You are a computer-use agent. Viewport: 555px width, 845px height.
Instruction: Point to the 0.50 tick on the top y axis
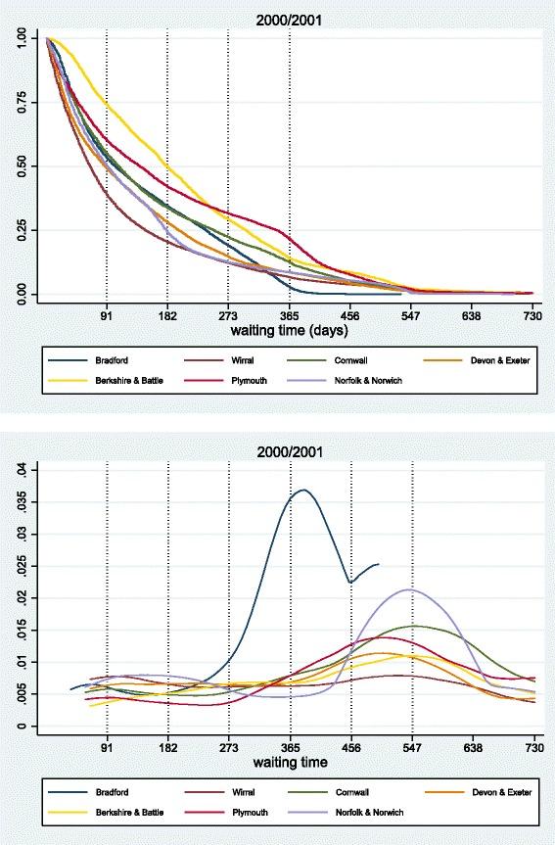coord(22,166)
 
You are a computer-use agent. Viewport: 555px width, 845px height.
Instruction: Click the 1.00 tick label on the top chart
coord(22,38)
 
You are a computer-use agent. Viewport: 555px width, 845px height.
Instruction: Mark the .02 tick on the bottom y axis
coord(22,597)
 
